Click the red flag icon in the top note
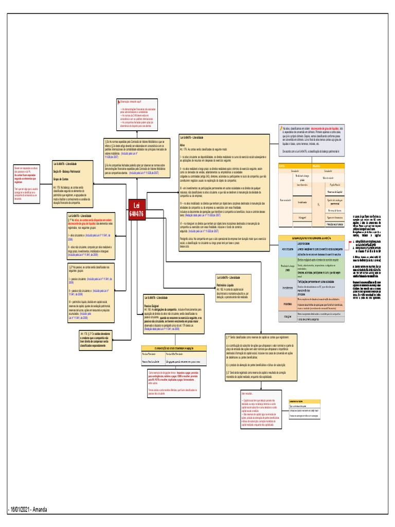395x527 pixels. (x=119, y=102)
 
